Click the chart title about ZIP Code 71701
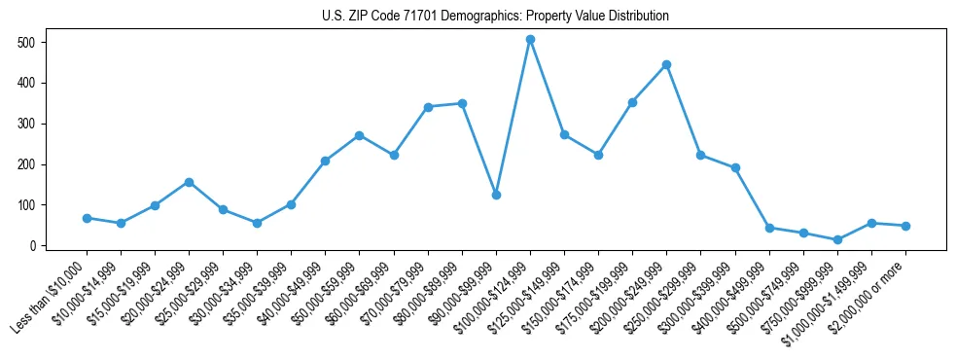coord(495,17)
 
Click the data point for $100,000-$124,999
coord(530,40)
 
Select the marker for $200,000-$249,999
coord(666,65)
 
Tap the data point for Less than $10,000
coord(87,218)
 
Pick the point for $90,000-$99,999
coord(496,195)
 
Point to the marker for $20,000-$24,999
coord(189,182)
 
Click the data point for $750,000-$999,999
coord(837,239)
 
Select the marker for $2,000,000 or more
coord(905,226)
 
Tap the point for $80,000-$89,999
coord(462,103)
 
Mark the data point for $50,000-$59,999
coord(359,135)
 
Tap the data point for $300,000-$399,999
coord(735,168)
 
